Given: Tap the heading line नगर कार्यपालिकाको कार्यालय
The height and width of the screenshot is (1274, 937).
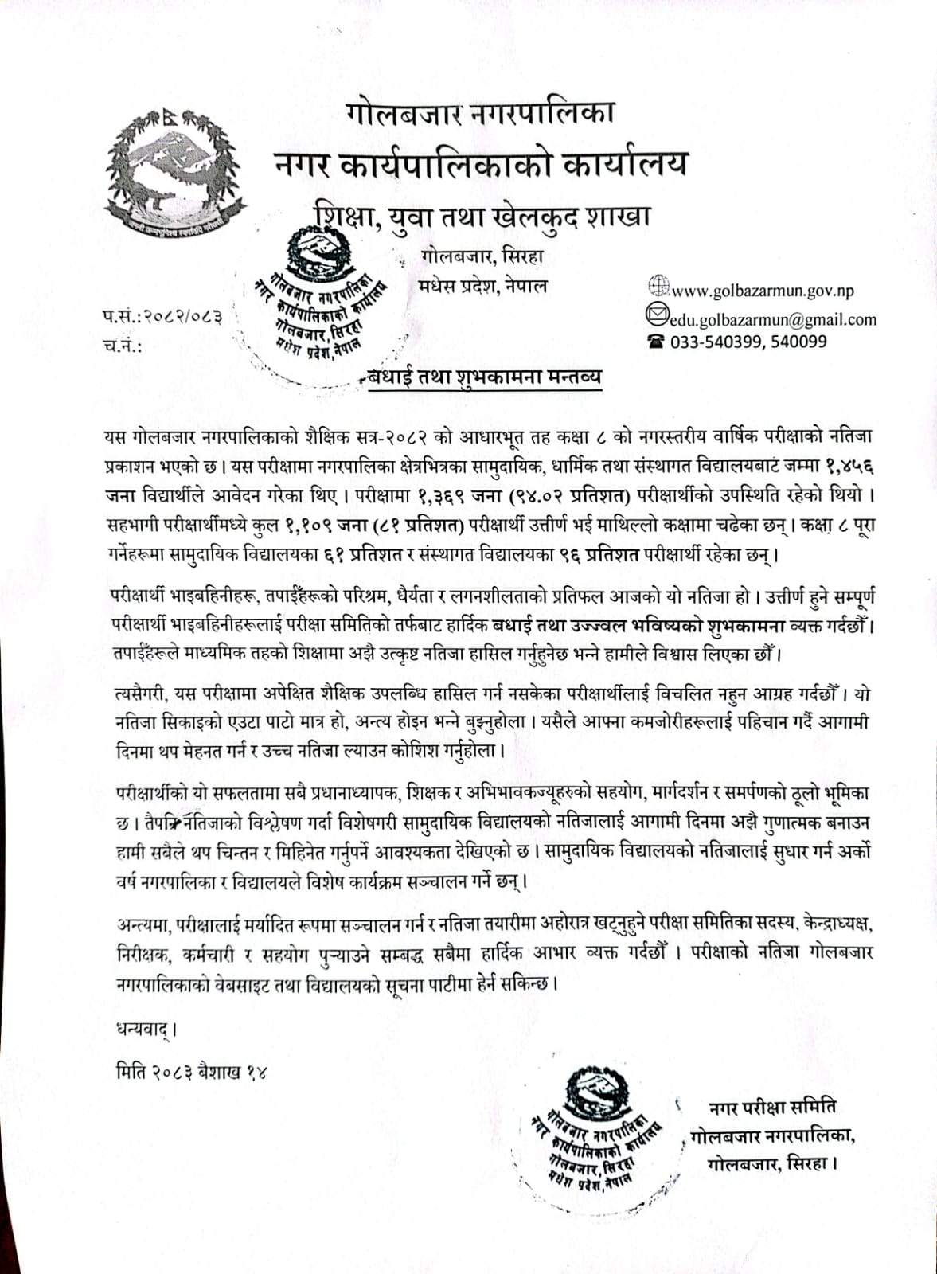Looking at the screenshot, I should [480, 164].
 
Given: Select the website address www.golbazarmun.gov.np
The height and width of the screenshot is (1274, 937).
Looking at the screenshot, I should [763, 291].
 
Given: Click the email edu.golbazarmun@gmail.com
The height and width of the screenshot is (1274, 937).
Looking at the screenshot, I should [772, 320].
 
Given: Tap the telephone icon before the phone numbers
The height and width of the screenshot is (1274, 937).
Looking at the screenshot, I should [655, 342].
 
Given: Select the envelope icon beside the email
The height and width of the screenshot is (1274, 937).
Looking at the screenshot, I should [656, 316].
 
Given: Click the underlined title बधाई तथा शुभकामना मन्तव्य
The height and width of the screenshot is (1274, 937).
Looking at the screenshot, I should [485, 377].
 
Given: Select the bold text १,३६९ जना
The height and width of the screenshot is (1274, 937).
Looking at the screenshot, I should [459, 495].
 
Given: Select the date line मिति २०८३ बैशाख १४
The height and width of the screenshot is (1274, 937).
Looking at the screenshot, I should [190, 1071].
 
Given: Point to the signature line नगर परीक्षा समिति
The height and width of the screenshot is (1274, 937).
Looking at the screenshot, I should [771, 1107].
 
